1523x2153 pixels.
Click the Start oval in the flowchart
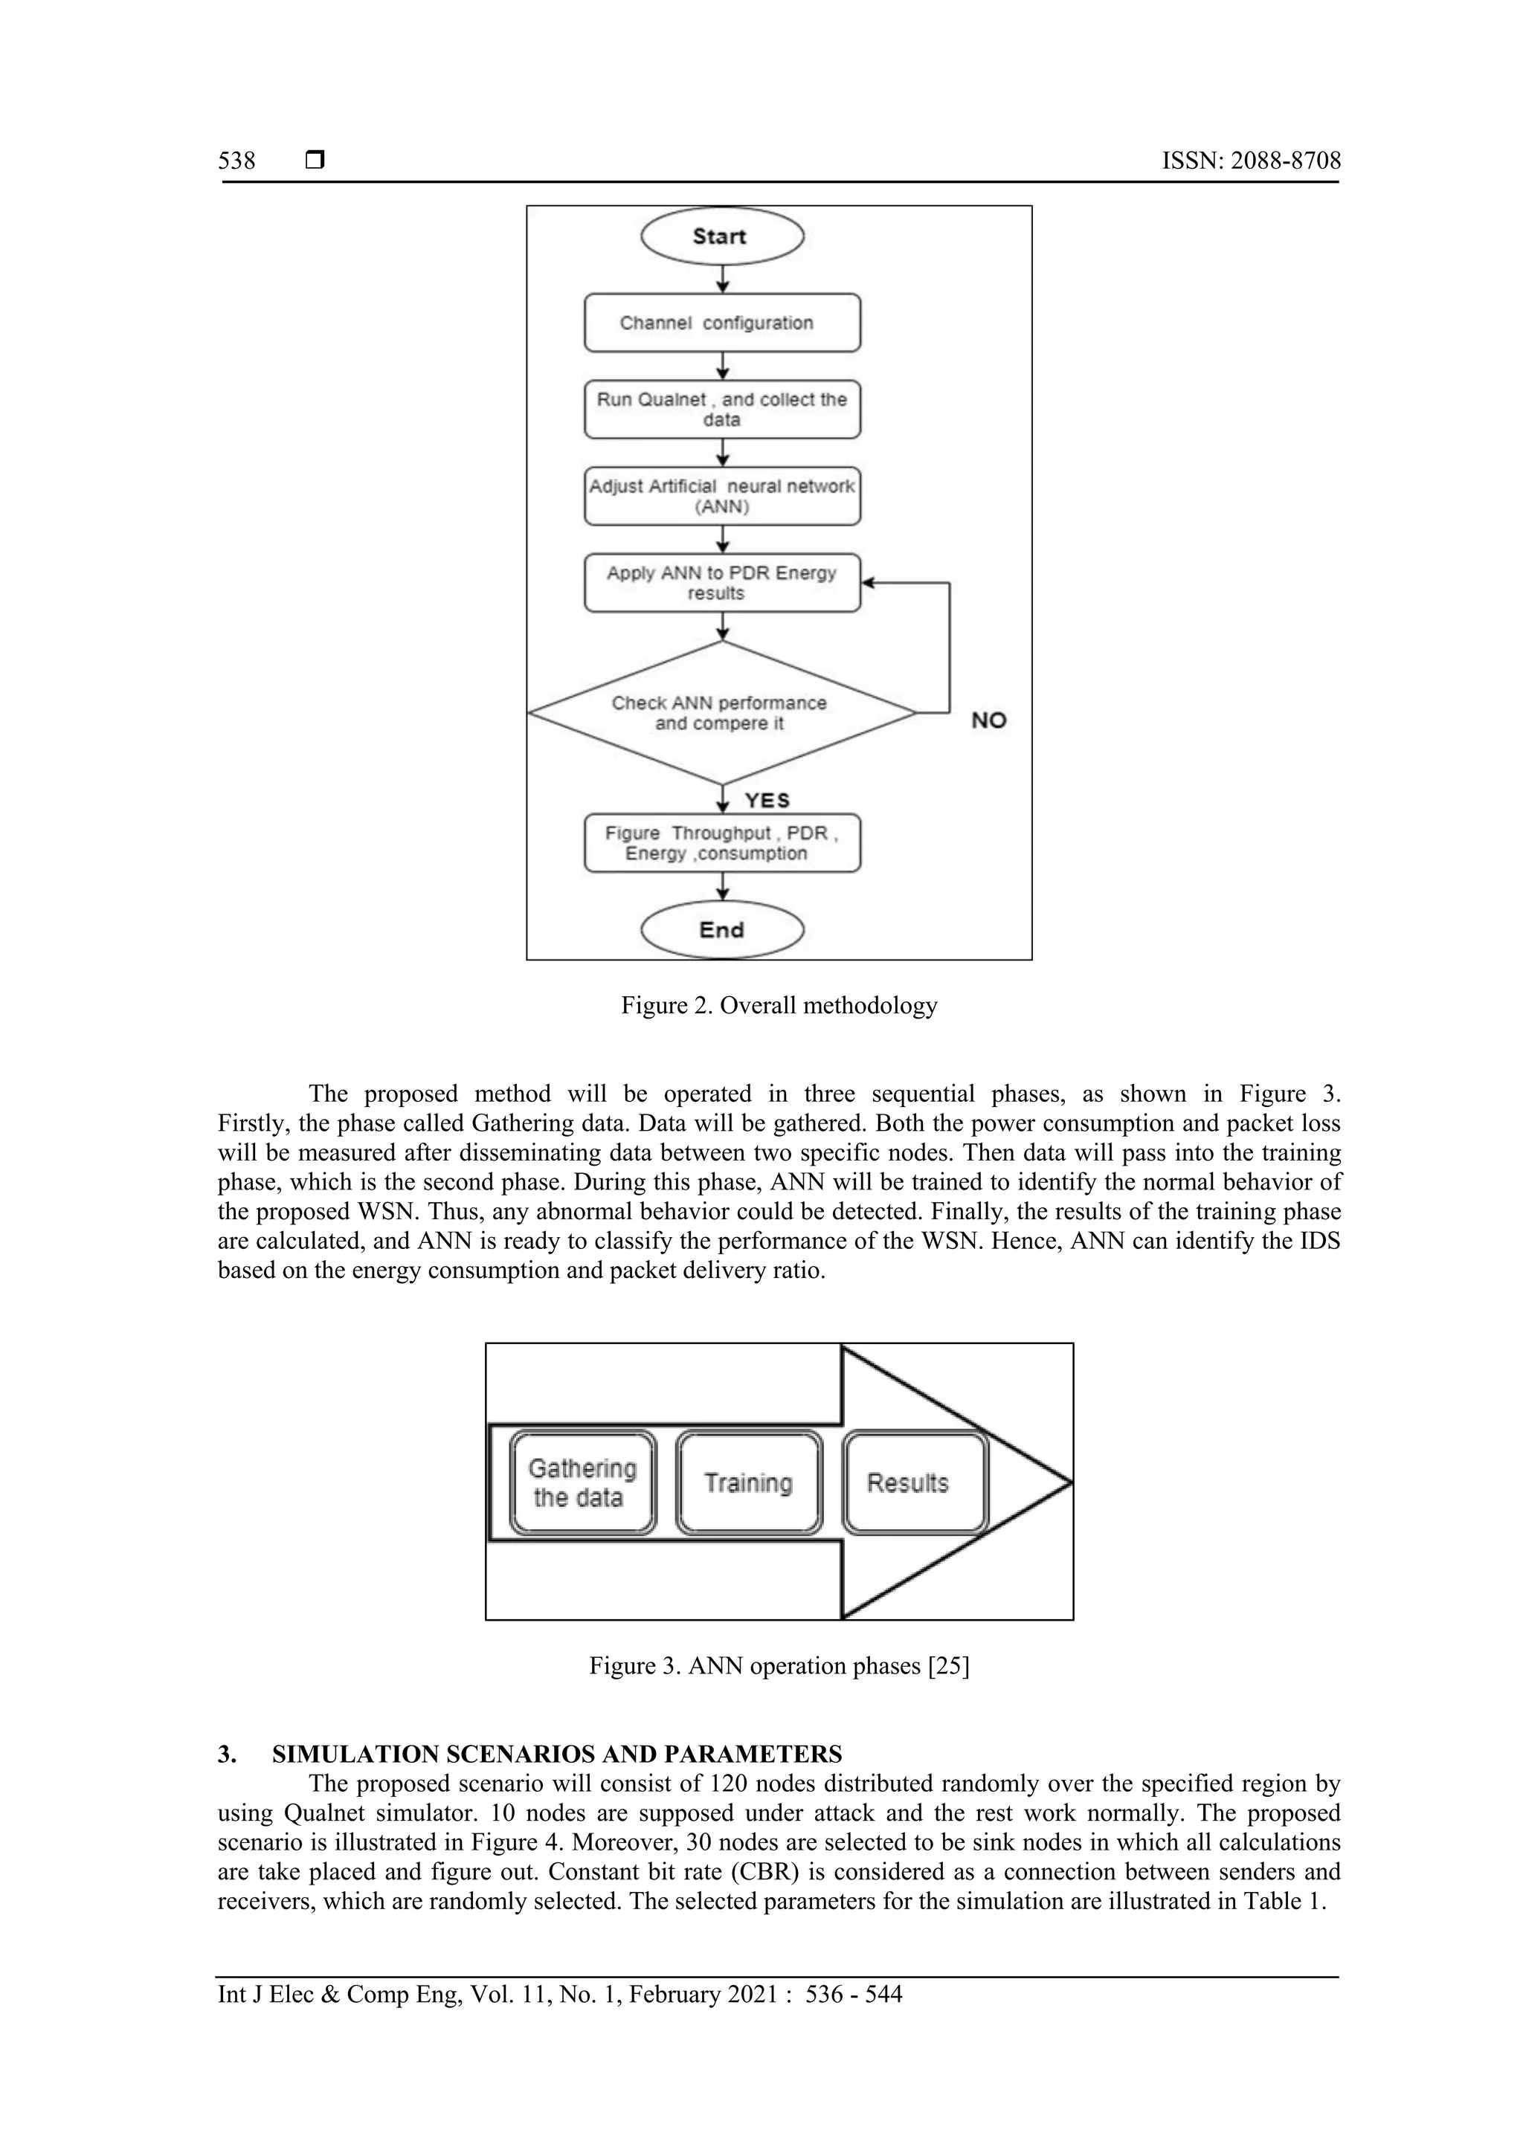click(721, 236)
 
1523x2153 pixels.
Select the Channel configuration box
click(721, 323)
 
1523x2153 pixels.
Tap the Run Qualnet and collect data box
click(721, 409)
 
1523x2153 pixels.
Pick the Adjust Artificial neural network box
click(721, 496)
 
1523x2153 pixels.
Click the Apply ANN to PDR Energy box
click(721, 582)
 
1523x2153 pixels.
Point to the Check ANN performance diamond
click(721, 713)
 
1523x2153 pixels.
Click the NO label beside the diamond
click(988, 720)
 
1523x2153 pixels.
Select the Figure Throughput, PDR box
click(721, 843)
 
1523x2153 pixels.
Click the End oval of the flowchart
click(721, 929)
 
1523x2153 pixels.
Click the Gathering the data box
click(582, 1482)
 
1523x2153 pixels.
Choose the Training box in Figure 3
click(748, 1482)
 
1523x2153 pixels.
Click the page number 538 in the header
click(236, 161)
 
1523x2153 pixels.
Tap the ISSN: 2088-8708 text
click(1251, 161)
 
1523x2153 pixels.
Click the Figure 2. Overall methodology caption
click(779, 1005)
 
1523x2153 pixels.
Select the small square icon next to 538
click(315, 161)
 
